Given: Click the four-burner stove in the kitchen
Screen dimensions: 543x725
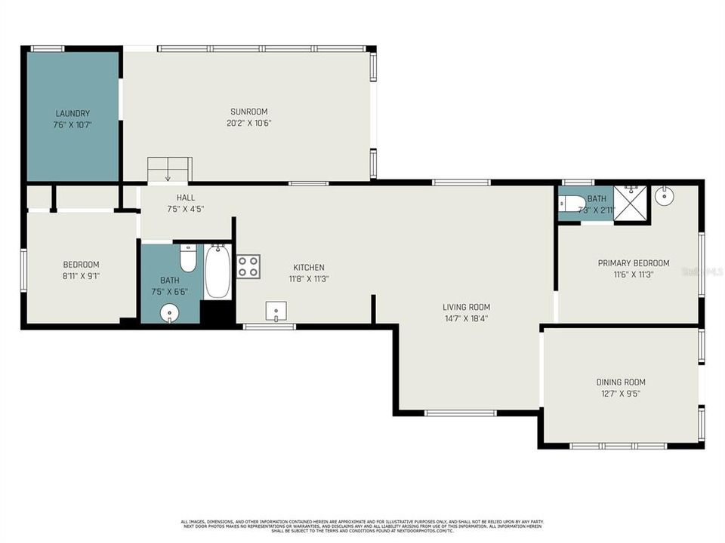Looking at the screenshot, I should (248, 267).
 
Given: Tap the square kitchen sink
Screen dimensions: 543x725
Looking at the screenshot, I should (277, 311).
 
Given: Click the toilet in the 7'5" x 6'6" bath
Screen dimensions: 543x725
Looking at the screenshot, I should (188, 259).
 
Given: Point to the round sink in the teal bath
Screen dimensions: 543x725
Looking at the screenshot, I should (169, 311).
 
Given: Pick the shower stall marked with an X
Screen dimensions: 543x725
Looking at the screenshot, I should (631, 203).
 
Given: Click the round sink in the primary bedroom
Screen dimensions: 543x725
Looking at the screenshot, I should (665, 196).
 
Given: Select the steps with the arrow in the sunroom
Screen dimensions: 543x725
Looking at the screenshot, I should (169, 170).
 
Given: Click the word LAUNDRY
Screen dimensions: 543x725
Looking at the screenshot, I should (72, 114).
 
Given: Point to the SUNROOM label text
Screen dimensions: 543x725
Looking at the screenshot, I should (248, 112).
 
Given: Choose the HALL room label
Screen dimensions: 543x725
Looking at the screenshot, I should (186, 198).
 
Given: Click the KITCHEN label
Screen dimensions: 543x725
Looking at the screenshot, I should (309, 267).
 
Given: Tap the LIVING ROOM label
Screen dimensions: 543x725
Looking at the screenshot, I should (466, 307).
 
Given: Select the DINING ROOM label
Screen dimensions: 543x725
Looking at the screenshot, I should (621, 382).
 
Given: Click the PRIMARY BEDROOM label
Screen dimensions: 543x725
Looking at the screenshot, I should (633, 263).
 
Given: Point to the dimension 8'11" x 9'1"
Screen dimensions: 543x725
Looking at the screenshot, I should (81, 276).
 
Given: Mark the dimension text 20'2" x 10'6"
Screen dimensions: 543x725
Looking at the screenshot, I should (248, 123).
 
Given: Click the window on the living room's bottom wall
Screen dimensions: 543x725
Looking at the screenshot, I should (461, 413).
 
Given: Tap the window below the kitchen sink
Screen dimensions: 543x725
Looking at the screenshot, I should (270, 327).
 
